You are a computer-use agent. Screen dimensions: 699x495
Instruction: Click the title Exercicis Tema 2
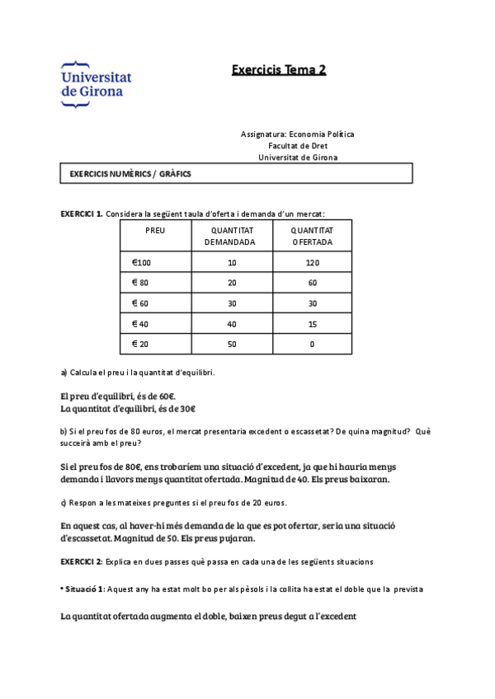(x=278, y=70)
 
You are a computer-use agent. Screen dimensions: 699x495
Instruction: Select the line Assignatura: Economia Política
(x=297, y=134)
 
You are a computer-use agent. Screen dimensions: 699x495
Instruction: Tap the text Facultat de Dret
(x=297, y=145)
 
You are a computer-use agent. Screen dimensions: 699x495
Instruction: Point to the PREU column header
(x=155, y=231)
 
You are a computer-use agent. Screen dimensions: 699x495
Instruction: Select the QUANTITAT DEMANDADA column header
(x=231, y=237)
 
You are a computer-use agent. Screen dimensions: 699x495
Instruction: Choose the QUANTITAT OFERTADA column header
(x=313, y=237)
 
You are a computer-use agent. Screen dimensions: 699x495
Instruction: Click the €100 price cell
(x=143, y=263)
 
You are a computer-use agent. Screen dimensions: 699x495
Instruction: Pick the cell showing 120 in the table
(x=313, y=263)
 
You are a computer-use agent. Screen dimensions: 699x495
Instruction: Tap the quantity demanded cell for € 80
(x=231, y=283)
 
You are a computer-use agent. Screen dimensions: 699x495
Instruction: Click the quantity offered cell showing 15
(x=313, y=324)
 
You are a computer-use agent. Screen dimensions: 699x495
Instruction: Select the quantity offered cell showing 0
(x=313, y=344)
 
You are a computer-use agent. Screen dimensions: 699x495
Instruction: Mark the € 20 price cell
(x=141, y=344)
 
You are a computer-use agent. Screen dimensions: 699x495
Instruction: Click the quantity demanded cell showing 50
(x=231, y=344)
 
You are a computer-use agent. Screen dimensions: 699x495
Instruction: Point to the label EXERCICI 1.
(x=82, y=213)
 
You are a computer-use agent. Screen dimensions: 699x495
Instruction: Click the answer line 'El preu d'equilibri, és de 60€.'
(x=118, y=396)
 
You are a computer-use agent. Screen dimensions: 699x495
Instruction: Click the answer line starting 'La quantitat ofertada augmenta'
(x=209, y=616)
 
